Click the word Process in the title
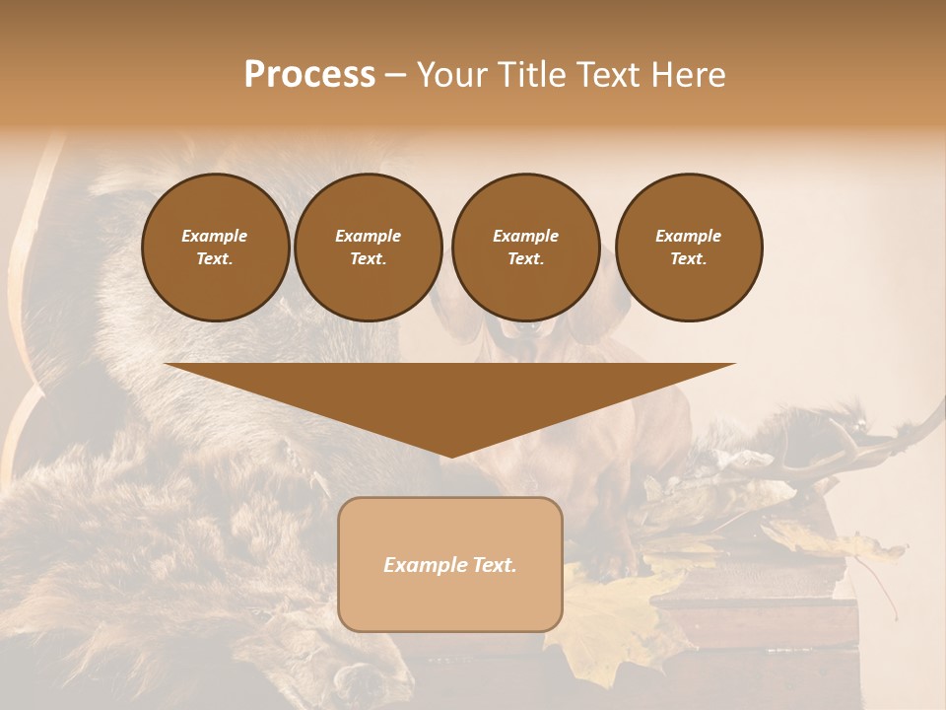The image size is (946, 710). coord(309,75)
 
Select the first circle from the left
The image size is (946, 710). coord(215,248)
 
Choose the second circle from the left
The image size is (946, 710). coord(368,248)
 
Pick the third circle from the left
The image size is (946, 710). coord(525,248)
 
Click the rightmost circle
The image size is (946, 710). coord(688,248)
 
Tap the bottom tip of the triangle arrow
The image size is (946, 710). coord(450,455)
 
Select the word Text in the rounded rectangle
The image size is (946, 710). coord(492,565)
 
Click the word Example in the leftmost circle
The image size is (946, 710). coord(215,236)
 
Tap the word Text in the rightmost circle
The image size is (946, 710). coord(688,259)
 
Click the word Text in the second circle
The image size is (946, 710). coord(368,259)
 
